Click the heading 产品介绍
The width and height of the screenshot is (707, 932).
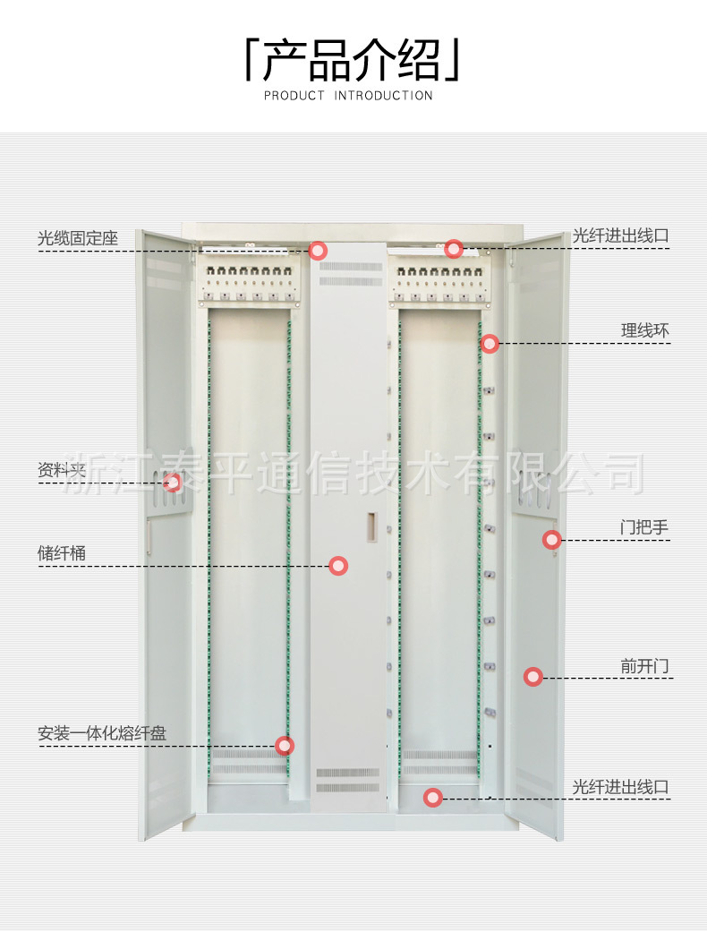pos(353,61)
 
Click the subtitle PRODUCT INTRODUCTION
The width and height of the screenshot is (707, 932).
pos(349,96)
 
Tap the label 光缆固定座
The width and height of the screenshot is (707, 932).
pos(78,239)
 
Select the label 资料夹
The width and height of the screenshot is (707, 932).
pos(62,470)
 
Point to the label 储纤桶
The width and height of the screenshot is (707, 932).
pos(62,553)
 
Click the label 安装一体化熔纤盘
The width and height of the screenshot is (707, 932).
pos(102,733)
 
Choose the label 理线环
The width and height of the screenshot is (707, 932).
pos(645,331)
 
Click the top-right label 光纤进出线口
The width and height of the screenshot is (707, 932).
pos(620,236)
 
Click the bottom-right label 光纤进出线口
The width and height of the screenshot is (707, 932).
pos(620,787)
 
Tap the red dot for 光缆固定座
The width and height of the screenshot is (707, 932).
pos(318,251)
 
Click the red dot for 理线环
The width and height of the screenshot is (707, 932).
pos(490,344)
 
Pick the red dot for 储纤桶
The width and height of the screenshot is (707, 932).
pos(338,566)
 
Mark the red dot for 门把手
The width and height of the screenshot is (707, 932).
pos(552,540)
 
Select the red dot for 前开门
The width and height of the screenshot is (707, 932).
pos(533,678)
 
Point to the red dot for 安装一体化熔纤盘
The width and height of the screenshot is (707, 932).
pos(285,745)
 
